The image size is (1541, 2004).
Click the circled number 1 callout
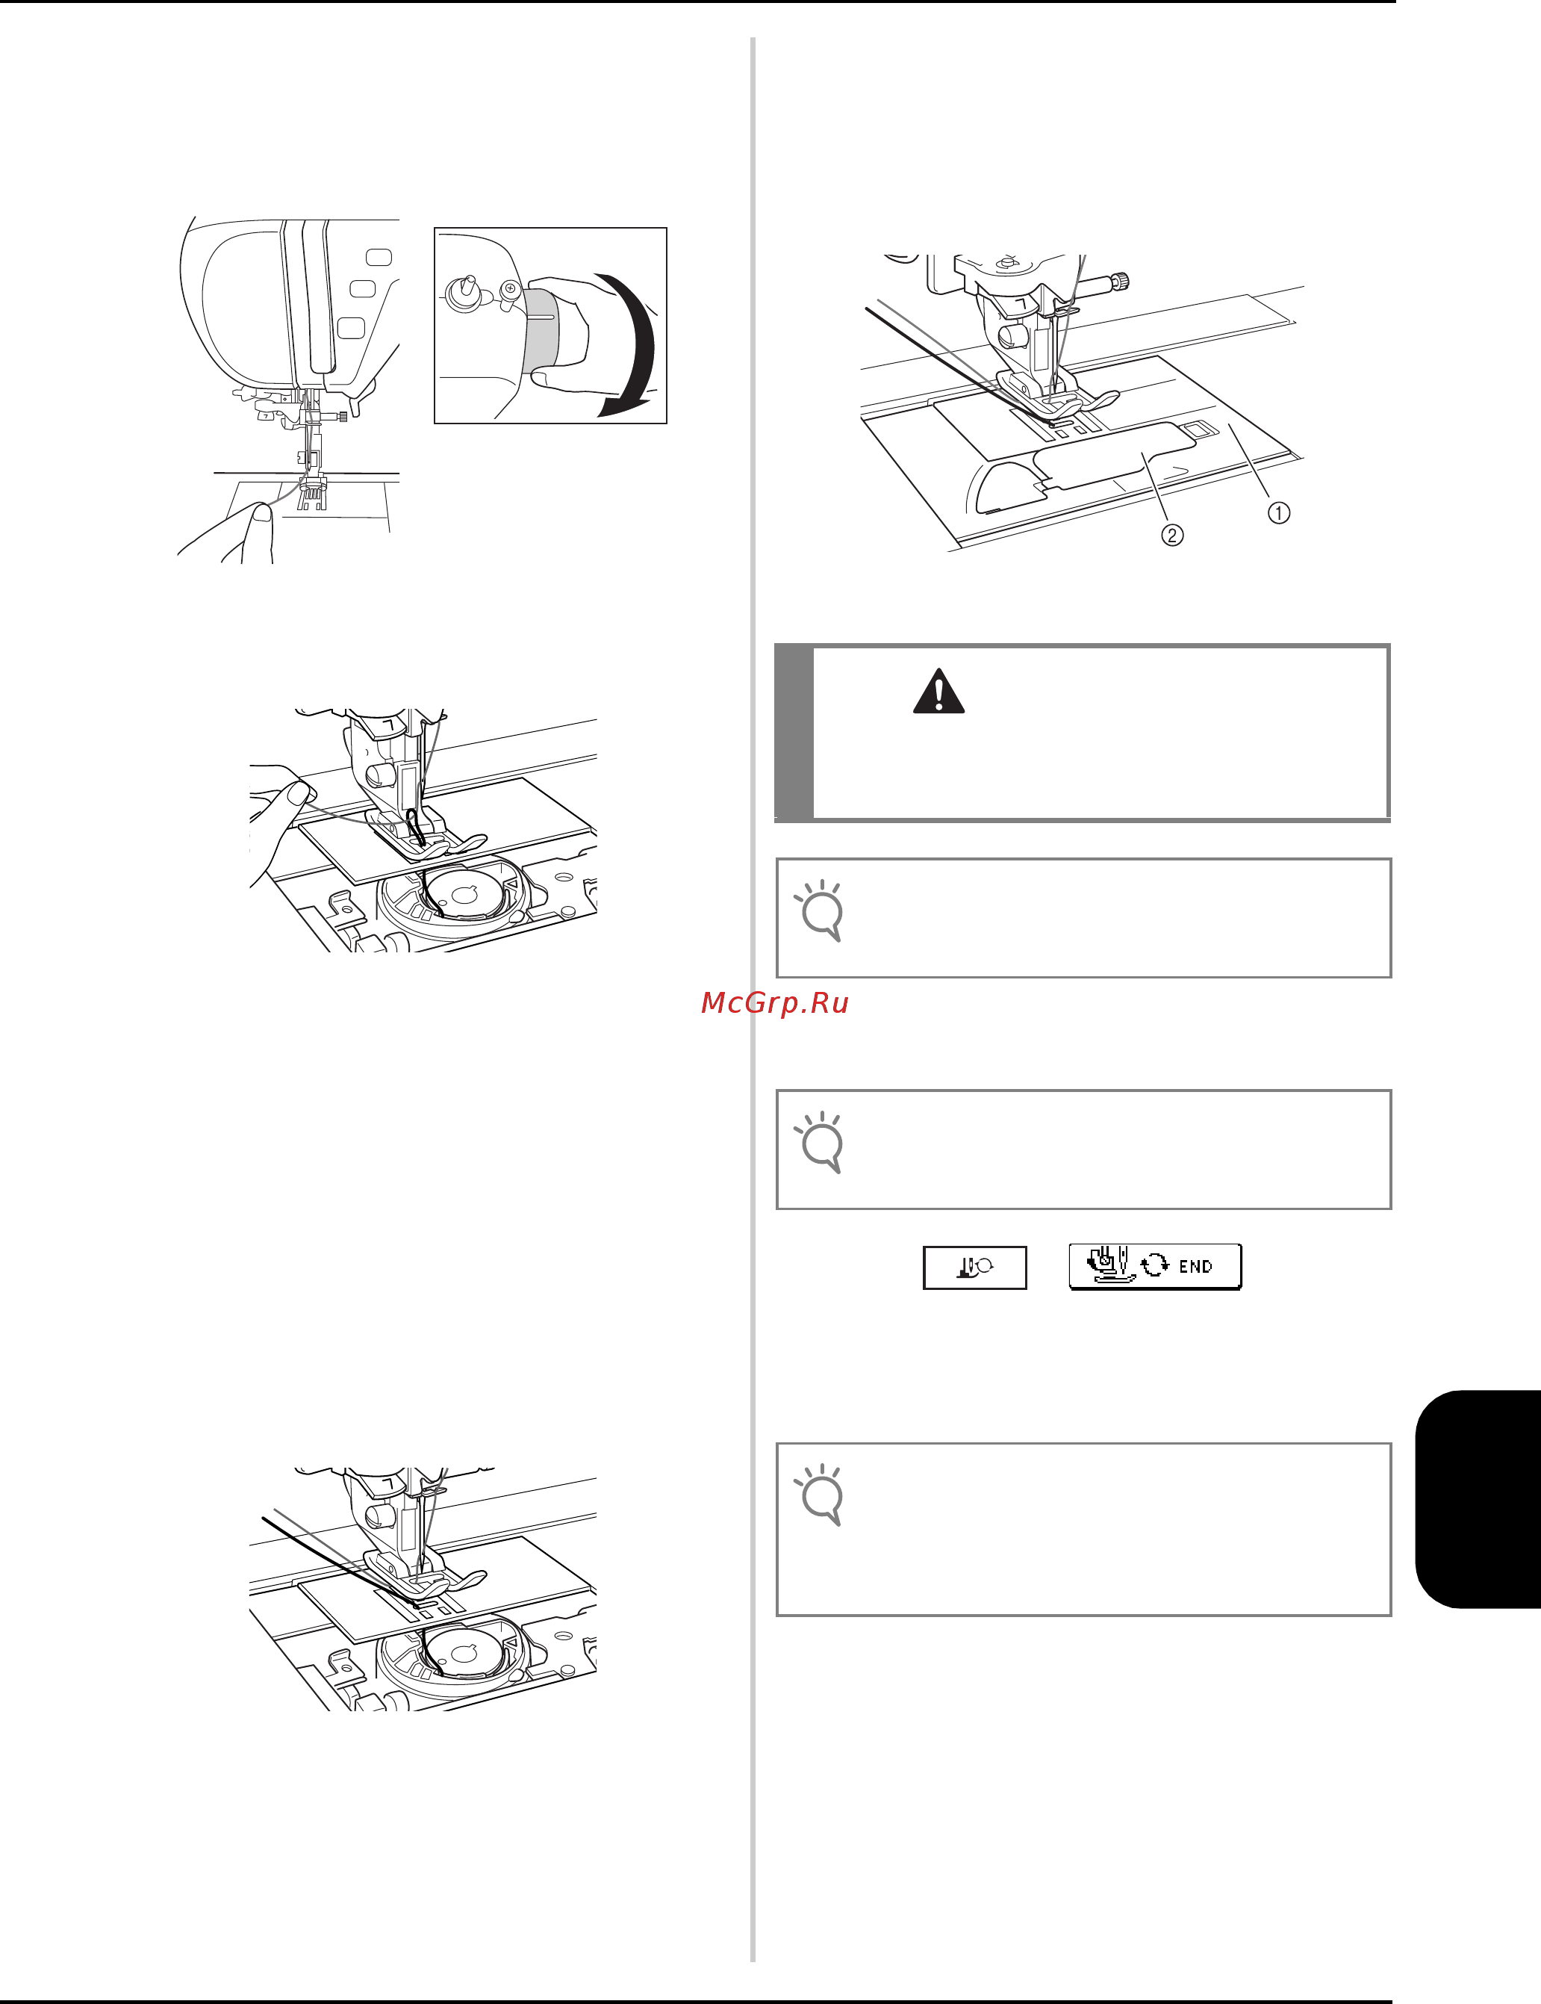click(1279, 513)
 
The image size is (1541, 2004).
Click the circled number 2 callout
click(1172, 534)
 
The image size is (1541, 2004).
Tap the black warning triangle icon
click(938, 692)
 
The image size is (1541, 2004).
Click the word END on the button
click(1195, 1266)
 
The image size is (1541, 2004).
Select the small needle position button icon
click(974, 1268)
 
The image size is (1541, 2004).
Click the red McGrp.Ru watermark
click(775, 1003)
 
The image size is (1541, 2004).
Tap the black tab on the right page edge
click(1478, 1499)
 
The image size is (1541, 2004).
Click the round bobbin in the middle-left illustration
click(464, 895)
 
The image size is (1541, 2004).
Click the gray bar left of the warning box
click(794, 732)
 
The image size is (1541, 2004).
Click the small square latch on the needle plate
click(1193, 427)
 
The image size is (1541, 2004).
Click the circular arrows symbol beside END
click(1155, 1266)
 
